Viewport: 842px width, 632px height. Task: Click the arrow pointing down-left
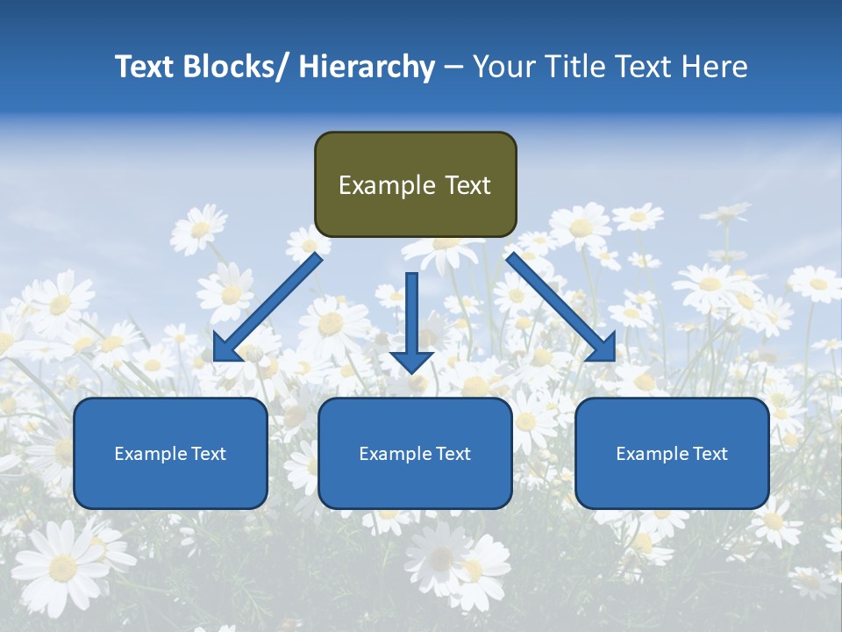click(267, 307)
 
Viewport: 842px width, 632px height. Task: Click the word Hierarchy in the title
click(367, 68)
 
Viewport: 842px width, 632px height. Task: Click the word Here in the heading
click(715, 68)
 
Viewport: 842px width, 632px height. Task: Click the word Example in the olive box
click(387, 185)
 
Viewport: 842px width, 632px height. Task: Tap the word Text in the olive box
click(467, 185)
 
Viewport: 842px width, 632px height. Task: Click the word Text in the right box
click(711, 454)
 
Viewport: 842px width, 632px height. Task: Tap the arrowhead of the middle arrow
click(411, 361)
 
